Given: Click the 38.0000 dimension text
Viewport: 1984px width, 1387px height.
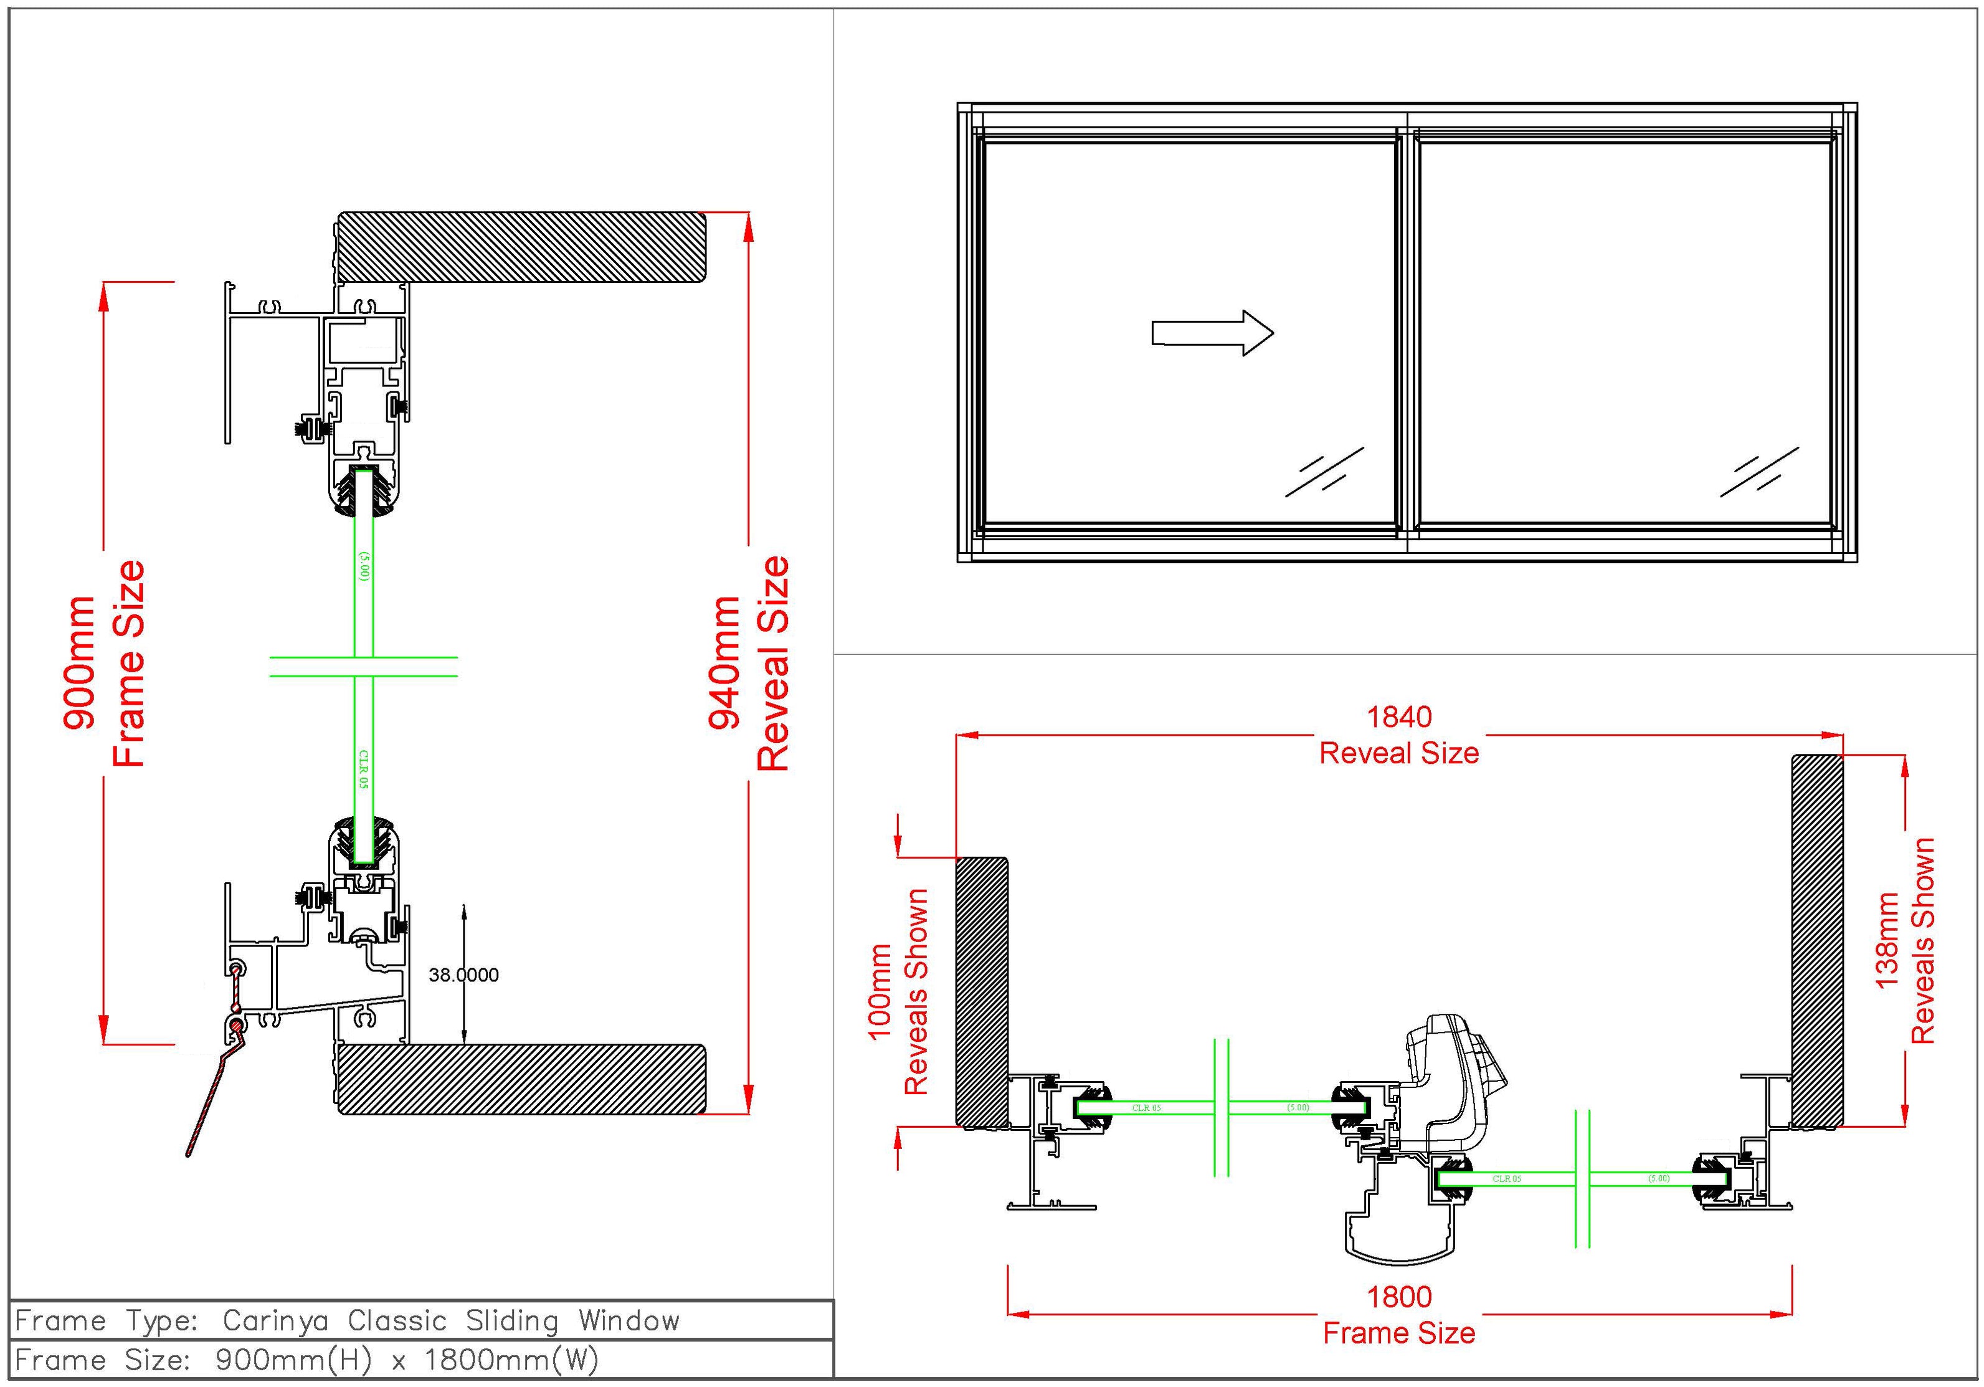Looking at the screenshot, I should click(464, 975).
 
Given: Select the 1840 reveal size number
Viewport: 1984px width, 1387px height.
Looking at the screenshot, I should click(1399, 717).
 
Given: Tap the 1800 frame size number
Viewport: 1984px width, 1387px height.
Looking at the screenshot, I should click(1399, 1296).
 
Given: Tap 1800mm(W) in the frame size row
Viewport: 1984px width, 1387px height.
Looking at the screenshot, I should click(511, 1360).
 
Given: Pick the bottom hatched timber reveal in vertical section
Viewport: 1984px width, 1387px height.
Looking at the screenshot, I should click(521, 1079).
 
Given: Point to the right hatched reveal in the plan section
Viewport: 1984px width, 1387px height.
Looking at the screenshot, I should click(1817, 941).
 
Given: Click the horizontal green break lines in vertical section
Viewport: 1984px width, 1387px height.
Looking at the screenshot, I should click(363, 666).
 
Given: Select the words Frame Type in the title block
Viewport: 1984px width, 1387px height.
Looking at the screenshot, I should click(108, 1320).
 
